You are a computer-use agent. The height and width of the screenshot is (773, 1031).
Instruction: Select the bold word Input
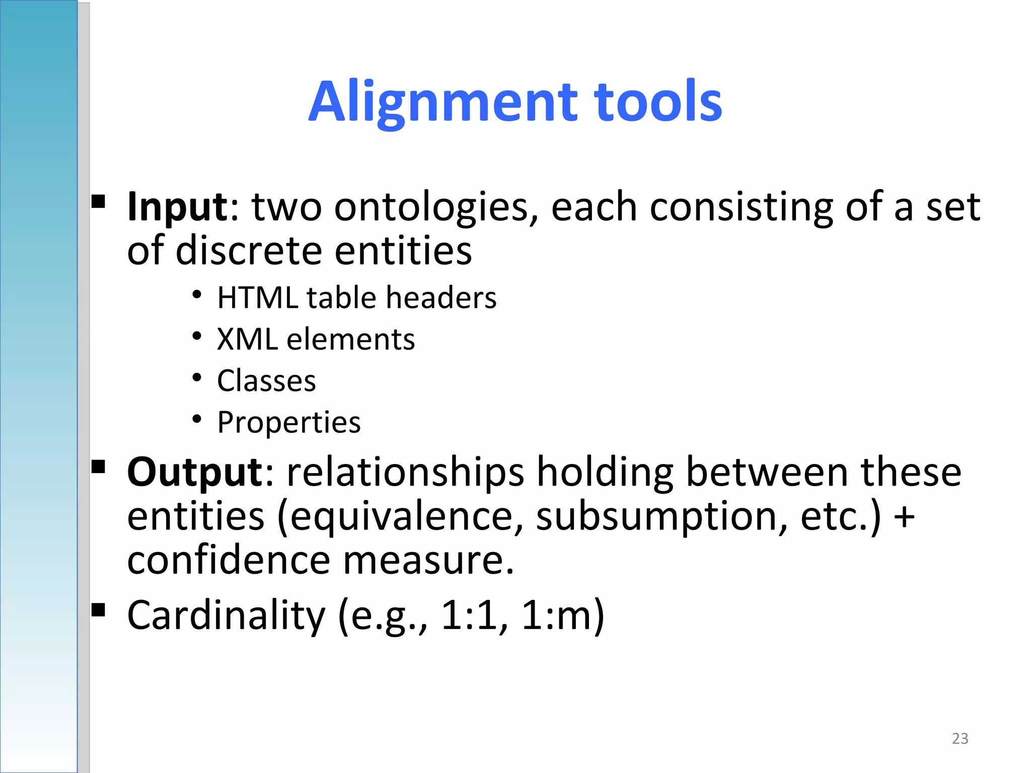(x=177, y=207)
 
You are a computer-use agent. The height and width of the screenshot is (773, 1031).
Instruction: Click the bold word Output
(x=194, y=473)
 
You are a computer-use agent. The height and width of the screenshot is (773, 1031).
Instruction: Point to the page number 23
(x=960, y=738)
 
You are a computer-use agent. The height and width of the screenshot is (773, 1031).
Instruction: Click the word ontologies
(x=436, y=207)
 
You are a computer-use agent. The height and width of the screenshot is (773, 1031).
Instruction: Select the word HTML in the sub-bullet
(x=258, y=297)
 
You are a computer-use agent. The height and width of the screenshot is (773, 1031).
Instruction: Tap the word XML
(x=247, y=339)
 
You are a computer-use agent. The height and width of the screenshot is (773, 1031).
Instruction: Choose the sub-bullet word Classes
(x=266, y=381)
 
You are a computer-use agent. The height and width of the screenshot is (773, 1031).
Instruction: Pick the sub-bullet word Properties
(x=289, y=422)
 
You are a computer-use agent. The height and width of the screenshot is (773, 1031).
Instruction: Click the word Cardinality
(x=226, y=615)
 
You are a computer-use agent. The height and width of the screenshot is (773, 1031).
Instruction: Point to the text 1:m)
(x=563, y=615)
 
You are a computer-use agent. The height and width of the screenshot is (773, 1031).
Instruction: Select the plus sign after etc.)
(x=904, y=517)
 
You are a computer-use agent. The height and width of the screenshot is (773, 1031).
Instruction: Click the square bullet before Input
(x=99, y=202)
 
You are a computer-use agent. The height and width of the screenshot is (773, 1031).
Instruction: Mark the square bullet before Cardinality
(x=99, y=610)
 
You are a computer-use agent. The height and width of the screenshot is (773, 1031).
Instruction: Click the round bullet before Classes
(x=197, y=377)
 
